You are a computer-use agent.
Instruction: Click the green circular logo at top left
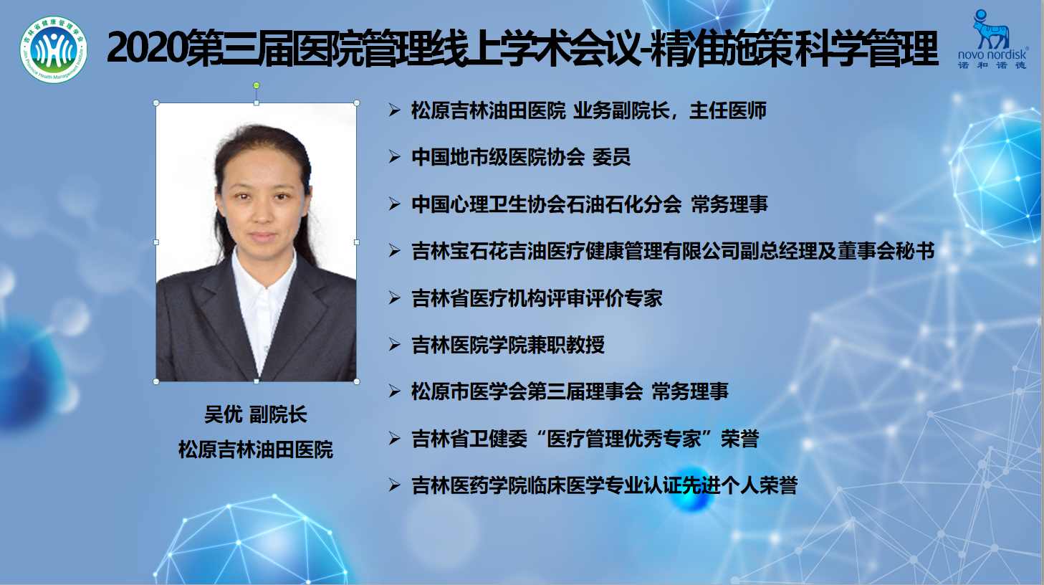pyautogui.click(x=54, y=50)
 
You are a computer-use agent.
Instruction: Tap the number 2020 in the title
pyautogui.click(x=146, y=49)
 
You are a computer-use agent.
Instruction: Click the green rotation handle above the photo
pyautogui.click(x=257, y=85)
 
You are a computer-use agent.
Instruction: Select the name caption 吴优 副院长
pyautogui.click(x=255, y=414)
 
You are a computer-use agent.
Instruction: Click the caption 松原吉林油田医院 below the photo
pyautogui.click(x=255, y=450)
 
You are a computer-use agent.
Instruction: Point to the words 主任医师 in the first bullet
pyautogui.click(x=728, y=111)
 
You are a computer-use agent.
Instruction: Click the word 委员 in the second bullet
pyautogui.click(x=611, y=158)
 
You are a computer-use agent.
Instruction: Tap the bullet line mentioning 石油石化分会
pyautogui.click(x=590, y=204)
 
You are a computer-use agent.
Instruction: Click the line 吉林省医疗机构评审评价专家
pyautogui.click(x=537, y=298)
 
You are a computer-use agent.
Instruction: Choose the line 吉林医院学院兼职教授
pyautogui.click(x=508, y=345)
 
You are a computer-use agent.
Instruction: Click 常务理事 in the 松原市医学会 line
pyautogui.click(x=690, y=391)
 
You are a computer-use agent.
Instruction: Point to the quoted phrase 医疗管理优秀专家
pyautogui.click(x=623, y=439)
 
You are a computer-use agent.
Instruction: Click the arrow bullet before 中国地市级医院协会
pyautogui.click(x=394, y=157)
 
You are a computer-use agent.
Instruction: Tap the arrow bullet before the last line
pyautogui.click(x=394, y=485)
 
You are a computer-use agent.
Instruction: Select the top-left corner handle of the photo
pyautogui.click(x=156, y=103)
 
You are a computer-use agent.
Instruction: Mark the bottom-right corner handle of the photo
pyautogui.click(x=357, y=382)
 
